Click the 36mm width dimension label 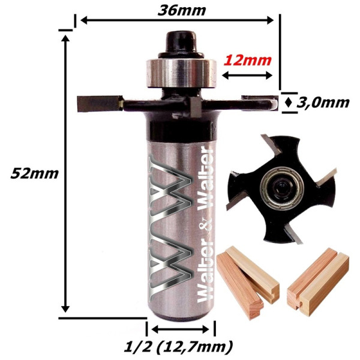pos(182,11)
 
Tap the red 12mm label pos(247,61)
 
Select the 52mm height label pos(34,173)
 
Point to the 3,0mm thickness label pos(323,103)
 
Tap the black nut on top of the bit pos(181,44)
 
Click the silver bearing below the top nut pos(181,73)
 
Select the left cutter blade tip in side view pos(100,104)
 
